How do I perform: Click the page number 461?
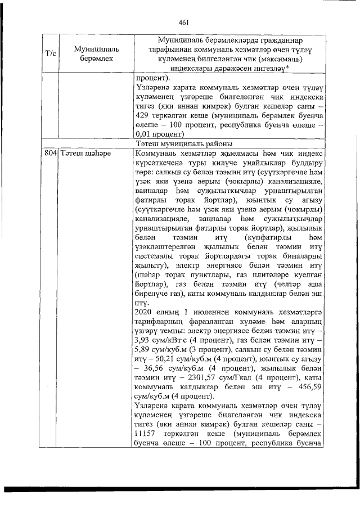click(183, 23)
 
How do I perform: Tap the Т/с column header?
click(49, 53)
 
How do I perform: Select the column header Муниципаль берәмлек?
click(91, 53)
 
